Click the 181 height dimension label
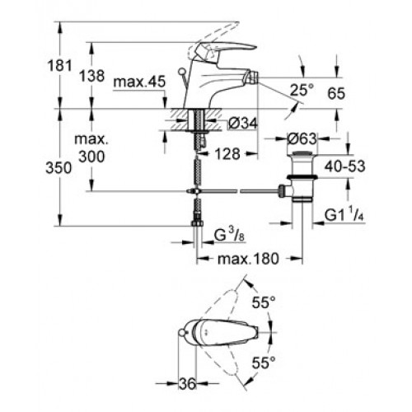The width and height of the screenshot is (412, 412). click(59, 66)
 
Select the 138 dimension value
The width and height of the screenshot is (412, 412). click(92, 76)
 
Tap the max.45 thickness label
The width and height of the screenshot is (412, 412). click(139, 82)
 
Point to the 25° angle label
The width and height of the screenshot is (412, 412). click(302, 90)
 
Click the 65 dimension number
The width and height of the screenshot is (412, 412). click(336, 94)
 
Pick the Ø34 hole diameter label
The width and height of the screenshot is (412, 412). click(243, 123)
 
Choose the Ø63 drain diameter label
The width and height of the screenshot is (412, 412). click(302, 139)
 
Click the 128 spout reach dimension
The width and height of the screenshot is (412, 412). click(227, 154)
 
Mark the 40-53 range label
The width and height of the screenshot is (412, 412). click(344, 166)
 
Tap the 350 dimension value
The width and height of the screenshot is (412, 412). click(59, 168)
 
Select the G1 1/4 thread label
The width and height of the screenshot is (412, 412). click(344, 214)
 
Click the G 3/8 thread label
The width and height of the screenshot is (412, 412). click(229, 234)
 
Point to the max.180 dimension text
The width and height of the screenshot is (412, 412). click(248, 259)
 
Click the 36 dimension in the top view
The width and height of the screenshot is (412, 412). click(188, 383)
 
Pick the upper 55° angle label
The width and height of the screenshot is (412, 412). click(264, 303)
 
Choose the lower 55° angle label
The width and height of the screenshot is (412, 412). click(264, 363)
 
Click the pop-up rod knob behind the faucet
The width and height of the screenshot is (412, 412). click(181, 72)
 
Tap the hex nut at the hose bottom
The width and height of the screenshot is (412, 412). click(197, 223)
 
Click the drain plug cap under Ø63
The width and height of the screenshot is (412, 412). click(302, 153)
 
